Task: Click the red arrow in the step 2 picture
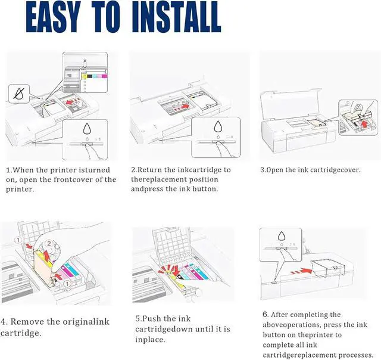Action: (186, 105)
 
